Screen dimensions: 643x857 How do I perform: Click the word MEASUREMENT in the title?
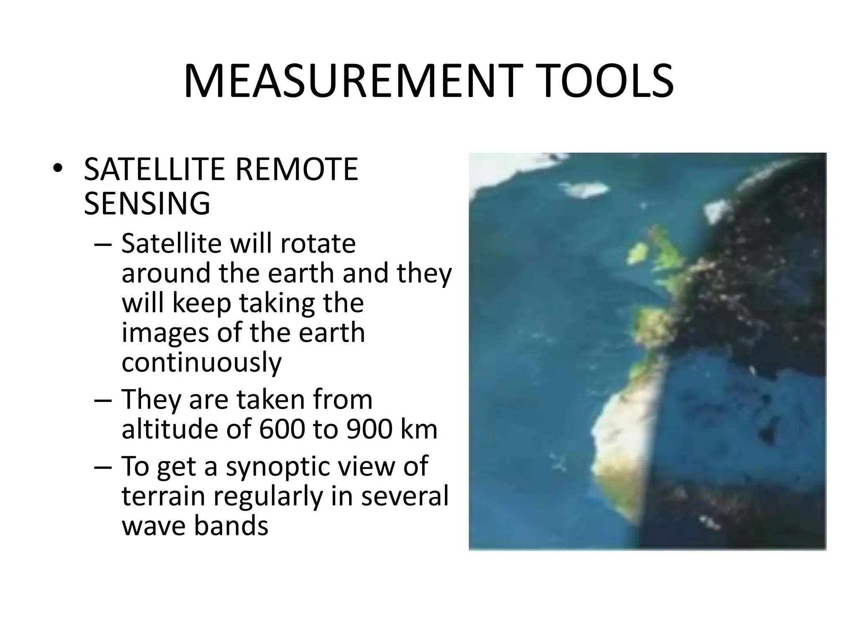[347, 81]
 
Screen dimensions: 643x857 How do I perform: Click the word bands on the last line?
[231, 526]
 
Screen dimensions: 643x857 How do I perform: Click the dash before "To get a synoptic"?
[103, 467]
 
